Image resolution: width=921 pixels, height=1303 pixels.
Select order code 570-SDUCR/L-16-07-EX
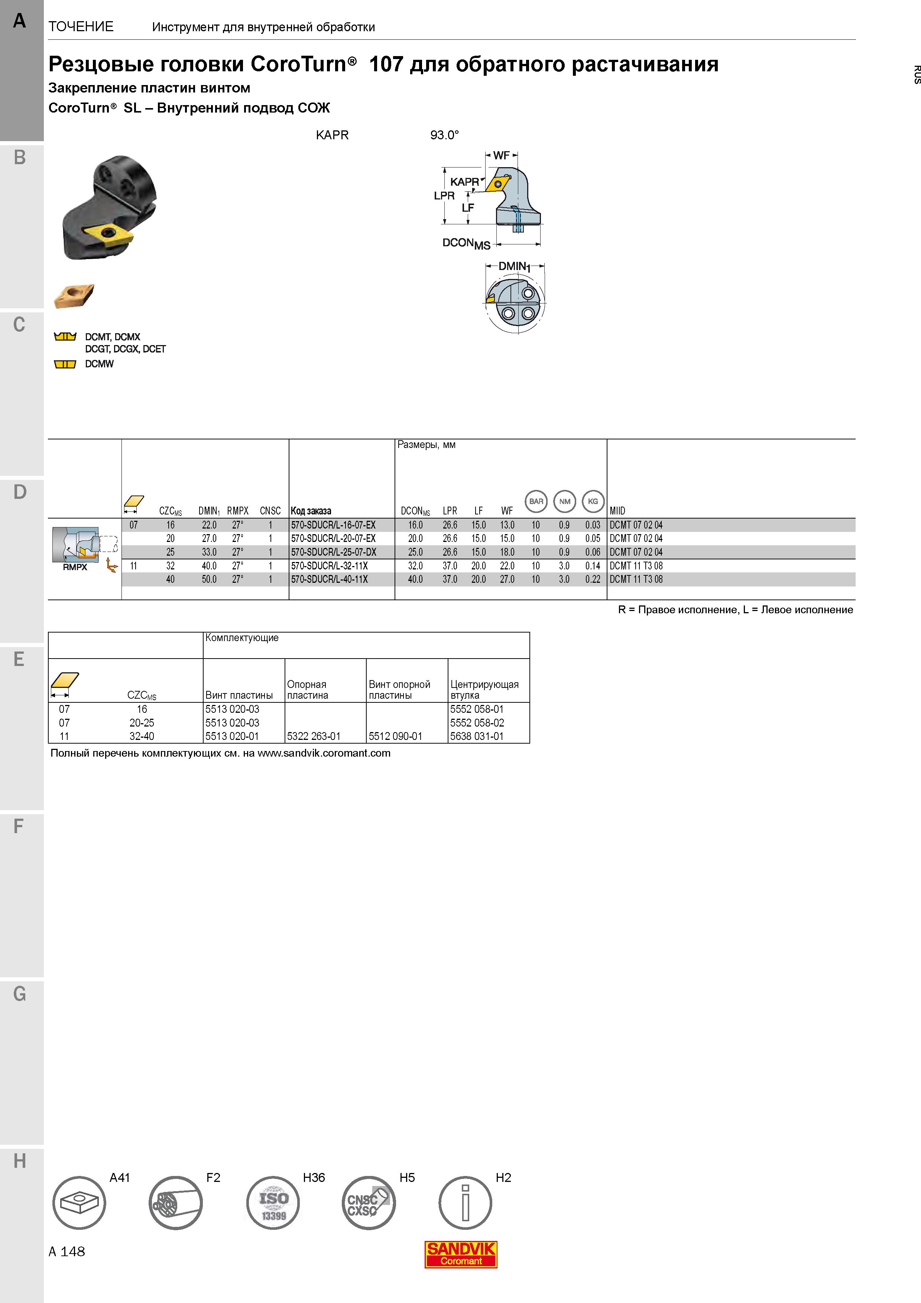tap(333, 525)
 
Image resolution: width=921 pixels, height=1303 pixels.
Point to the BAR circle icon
tap(536, 501)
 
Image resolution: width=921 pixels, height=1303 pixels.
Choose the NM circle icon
tap(565, 501)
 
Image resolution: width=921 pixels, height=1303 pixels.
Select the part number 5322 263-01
tap(314, 736)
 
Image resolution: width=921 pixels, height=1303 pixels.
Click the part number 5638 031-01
tap(477, 736)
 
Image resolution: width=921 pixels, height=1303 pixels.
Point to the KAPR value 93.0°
tap(444, 135)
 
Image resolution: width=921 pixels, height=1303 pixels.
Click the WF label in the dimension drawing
tap(502, 155)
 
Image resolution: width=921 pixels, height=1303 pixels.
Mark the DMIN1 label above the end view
tap(514, 266)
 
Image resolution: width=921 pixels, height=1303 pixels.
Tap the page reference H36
tap(314, 1177)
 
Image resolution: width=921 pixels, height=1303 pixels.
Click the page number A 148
tap(67, 1251)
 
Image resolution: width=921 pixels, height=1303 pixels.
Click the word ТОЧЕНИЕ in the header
tap(81, 27)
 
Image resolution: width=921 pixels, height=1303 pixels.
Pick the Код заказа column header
tap(311, 511)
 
